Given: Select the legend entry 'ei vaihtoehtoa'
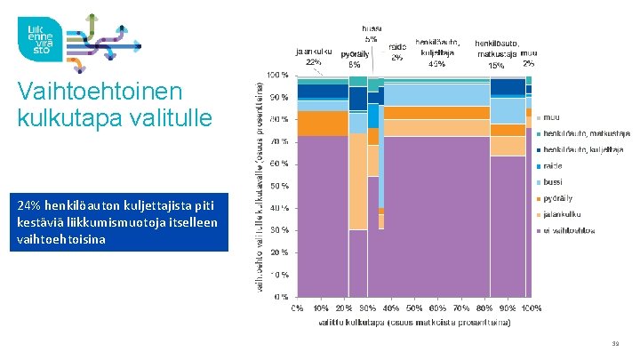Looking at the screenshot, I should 569,230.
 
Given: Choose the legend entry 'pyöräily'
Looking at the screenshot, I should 558,198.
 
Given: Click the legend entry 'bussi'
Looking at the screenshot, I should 553,181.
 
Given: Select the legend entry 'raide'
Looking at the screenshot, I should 553,165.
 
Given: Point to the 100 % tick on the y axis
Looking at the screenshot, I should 277,75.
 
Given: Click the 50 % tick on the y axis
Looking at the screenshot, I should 279,186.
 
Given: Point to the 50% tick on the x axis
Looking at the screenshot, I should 414,308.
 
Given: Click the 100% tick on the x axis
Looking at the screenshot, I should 531,308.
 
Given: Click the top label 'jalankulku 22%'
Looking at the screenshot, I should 314,57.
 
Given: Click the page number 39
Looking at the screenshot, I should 615,343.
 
